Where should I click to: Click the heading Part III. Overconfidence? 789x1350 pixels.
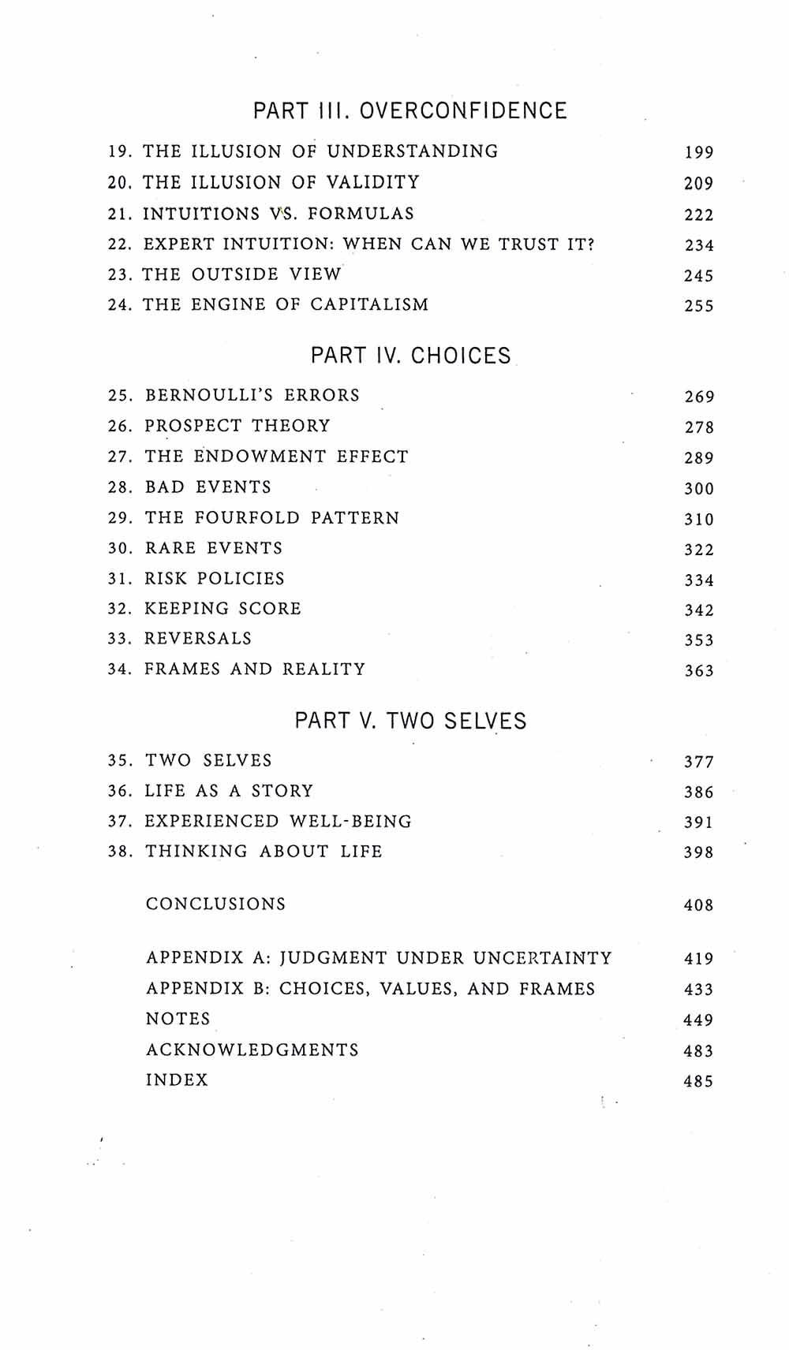click(x=409, y=110)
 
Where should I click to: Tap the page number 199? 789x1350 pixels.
click(x=699, y=153)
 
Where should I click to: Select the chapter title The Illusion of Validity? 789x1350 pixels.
click(x=281, y=182)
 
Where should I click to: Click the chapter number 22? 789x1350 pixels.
click(x=119, y=244)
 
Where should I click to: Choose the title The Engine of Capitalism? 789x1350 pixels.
click(x=286, y=304)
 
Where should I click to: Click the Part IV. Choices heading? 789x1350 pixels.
click(x=410, y=356)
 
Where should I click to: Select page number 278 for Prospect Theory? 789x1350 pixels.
click(x=699, y=427)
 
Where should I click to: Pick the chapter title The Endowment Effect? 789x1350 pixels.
click(x=276, y=457)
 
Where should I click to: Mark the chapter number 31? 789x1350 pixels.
click(x=119, y=579)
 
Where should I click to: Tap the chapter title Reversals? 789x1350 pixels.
click(x=198, y=639)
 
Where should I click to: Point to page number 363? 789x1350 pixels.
click(x=699, y=671)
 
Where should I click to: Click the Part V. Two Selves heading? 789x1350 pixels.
click(x=410, y=721)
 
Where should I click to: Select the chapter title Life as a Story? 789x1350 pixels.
click(x=229, y=791)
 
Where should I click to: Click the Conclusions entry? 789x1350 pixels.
click(x=215, y=904)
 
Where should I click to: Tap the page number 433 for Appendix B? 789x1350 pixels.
click(x=698, y=990)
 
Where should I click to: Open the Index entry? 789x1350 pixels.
click(x=177, y=1080)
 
